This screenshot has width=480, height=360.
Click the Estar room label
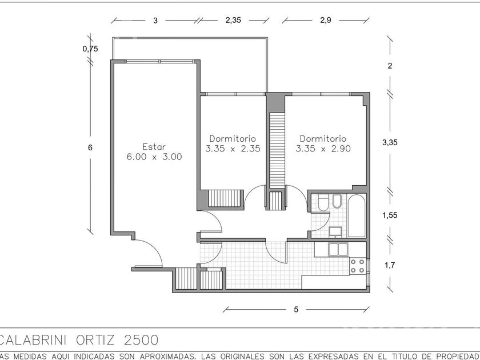click(154, 147)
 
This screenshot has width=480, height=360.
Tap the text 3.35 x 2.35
click(233, 149)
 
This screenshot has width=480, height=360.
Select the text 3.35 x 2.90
click(323, 149)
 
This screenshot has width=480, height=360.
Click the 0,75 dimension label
click(90, 49)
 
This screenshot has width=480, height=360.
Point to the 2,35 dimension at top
click(233, 20)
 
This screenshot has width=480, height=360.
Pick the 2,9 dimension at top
click(325, 20)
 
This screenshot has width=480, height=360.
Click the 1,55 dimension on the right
click(390, 215)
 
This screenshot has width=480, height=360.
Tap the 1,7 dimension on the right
click(390, 265)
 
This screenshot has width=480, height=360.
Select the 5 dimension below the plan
click(296, 310)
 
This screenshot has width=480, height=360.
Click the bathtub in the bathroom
click(357, 216)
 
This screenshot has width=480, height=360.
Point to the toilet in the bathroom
click(323, 202)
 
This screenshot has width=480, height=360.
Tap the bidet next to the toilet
click(337, 201)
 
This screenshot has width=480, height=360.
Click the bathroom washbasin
click(335, 232)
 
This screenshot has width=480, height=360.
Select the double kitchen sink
click(338, 250)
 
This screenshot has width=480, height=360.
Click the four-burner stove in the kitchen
click(358, 266)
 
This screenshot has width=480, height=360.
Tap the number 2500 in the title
click(141, 340)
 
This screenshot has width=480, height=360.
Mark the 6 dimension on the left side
click(90, 147)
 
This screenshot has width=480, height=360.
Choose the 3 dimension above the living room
click(155, 21)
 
